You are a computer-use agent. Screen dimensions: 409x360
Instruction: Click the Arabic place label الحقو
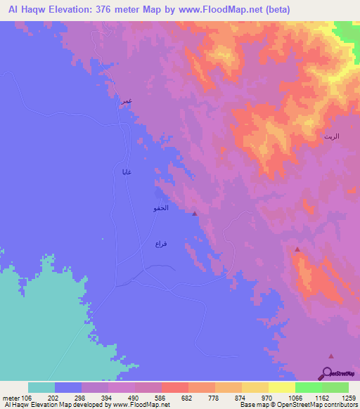tap(160, 209)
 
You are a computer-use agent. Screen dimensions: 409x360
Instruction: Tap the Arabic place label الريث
tap(331, 136)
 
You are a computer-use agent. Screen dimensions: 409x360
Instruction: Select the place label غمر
tap(126, 102)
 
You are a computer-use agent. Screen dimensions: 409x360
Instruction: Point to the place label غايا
tap(127, 172)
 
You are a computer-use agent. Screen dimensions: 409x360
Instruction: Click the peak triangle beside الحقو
tap(195, 214)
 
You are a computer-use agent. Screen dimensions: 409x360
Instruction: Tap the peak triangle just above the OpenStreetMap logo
tap(331, 357)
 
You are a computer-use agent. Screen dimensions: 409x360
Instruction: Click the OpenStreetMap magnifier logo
tap(328, 372)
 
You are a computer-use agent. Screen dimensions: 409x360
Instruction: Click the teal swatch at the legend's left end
tap(41, 387)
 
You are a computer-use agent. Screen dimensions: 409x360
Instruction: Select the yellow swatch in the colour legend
tap(282, 387)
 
